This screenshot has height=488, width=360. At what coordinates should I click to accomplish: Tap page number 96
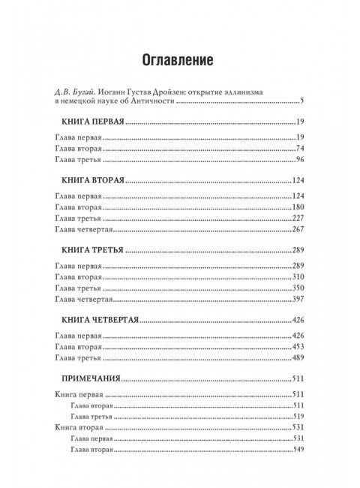tap(297, 161)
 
